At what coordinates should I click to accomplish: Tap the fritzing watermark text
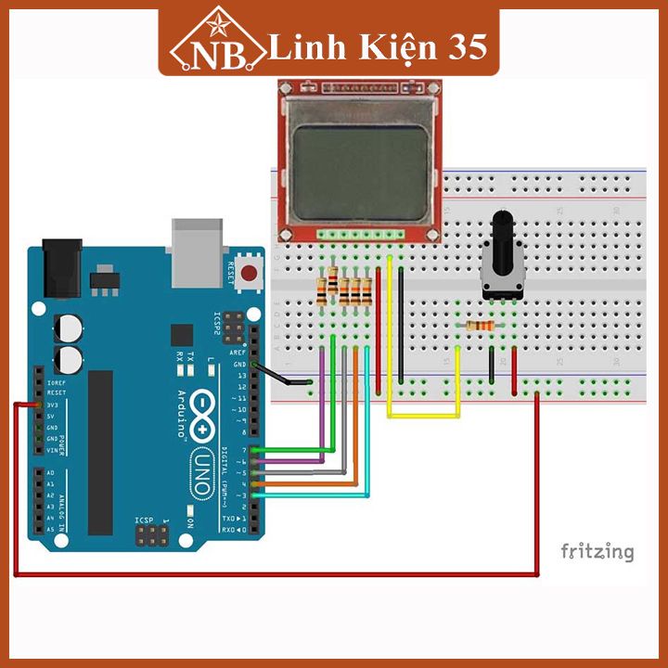(597, 552)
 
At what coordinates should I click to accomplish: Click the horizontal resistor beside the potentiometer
(481, 327)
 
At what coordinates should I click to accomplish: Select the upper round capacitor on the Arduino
(69, 328)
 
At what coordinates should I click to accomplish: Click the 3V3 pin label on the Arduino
(54, 405)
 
